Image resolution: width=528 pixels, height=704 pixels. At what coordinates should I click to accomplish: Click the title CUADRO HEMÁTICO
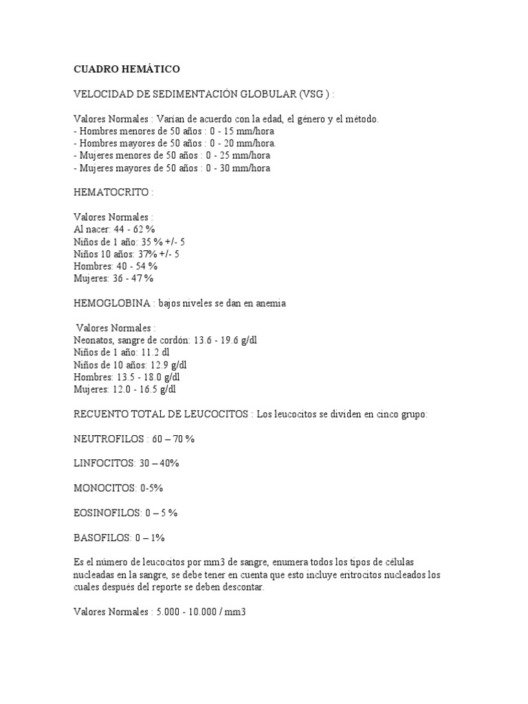pos(126,69)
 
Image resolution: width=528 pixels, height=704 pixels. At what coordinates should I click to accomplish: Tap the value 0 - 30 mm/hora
pos(240,168)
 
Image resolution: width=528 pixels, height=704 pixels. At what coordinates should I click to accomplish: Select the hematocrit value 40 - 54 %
pos(137,267)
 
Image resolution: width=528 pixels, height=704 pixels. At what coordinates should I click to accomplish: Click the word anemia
pos(270,304)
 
